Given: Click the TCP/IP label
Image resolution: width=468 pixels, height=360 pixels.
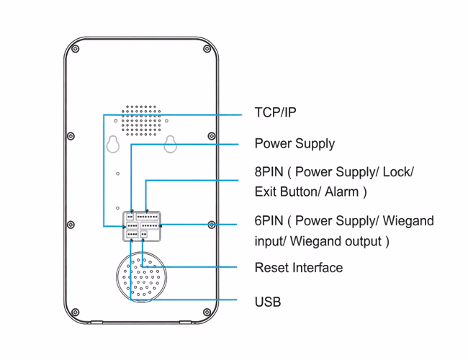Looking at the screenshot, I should [275, 113].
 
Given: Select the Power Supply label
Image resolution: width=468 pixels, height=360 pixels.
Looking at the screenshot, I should [294, 143].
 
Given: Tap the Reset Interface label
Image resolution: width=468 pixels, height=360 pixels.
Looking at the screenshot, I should [298, 268].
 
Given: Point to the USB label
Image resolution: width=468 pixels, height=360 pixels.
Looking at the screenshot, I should [268, 302].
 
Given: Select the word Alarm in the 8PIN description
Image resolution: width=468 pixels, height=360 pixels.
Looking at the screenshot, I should [342, 192].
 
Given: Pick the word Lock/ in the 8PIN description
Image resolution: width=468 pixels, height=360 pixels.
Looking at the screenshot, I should [397, 173].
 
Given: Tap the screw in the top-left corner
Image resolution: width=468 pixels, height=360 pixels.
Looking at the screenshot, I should [76, 50].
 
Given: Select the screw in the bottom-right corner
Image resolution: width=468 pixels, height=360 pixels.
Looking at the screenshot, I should [207, 312].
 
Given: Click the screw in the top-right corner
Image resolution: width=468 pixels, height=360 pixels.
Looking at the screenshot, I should [207, 50].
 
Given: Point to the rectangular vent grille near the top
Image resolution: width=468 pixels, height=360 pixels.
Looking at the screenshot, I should [141, 121].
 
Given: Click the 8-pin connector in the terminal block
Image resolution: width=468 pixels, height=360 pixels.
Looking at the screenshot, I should [148, 216].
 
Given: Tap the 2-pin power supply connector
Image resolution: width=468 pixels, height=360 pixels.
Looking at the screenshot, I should [130, 216].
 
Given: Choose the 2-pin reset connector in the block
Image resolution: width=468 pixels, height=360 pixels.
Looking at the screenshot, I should [144, 234].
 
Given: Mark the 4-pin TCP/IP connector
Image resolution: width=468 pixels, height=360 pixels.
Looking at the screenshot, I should [132, 234].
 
